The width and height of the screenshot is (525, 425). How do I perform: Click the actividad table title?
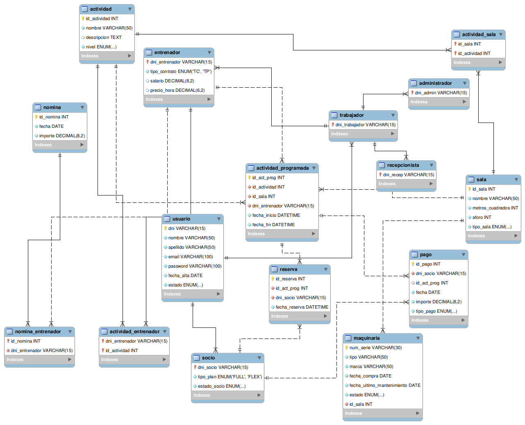tap(100, 9)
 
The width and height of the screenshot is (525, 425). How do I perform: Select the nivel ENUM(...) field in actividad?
tap(101, 47)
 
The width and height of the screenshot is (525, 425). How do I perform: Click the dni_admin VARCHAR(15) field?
tap(441, 93)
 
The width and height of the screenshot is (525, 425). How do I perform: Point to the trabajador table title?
tap(352, 115)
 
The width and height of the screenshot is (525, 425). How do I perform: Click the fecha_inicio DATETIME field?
tap(276, 215)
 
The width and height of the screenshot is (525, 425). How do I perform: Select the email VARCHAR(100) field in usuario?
tap(190, 257)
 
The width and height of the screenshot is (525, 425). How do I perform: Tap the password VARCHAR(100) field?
tap(195, 266)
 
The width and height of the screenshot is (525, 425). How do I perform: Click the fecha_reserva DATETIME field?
tap(302, 307)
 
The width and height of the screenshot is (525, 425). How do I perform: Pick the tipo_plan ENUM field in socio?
tap(230, 377)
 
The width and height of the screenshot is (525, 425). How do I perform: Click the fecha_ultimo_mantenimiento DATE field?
tap(385, 385)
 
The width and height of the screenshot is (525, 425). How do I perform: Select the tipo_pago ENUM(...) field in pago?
tap(436, 311)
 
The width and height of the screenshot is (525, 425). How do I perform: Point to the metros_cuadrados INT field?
tap(495, 208)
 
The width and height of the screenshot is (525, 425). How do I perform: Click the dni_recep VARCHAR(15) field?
tap(409, 175)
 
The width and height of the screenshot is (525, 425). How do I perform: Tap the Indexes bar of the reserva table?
tap(300, 316)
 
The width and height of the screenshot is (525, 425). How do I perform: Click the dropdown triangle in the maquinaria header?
tap(418, 338)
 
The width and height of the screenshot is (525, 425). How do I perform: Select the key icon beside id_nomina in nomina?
tap(36, 117)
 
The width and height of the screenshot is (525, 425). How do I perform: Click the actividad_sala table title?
tap(479, 34)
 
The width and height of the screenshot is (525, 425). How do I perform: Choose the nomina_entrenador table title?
tap(38, 332)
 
